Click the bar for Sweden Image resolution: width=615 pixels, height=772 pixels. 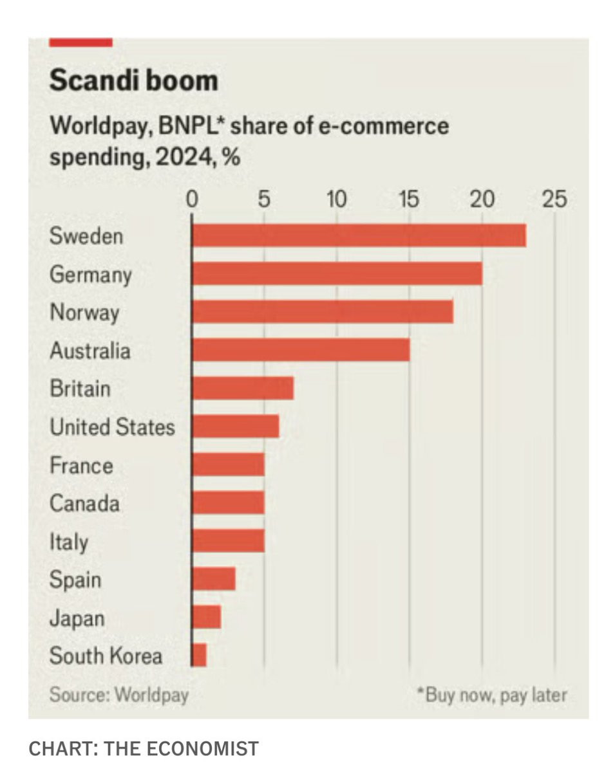pyautogui.click(x=359, y=235)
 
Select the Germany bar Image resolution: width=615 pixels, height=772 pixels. pyautogui.click(x=337, y=274)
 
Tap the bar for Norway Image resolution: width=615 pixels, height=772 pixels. pyautogui.click(x=322, y=312)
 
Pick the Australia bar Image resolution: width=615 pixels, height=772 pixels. pyautogui.click(x=301, y=350)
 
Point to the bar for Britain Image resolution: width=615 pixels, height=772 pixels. pyautogui.click(x=243, y=389)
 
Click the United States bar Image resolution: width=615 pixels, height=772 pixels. pyautogui.click(x=235, y=427)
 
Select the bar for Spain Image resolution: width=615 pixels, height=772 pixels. pyautogui.click(x=213, y=580)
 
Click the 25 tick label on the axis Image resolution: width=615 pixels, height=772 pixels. pyautogui.click(x=554, y=199)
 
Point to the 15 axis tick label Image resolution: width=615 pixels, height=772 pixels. pyautogui.click(x=409, y=199)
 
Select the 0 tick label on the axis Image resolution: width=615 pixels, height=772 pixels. pyautogui.click(x=191, y=199)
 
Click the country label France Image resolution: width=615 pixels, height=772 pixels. pyautogui.click(x=81, y=465)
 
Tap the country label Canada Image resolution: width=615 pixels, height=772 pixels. pyautogui.click(x=84, y=503)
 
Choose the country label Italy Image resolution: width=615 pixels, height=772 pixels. pyautogui.click(x=69, y=542)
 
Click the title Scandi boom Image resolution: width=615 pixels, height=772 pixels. pyautogui.click(x=133, y=82)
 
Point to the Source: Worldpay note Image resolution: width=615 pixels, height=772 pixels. pyautogui.click(x=119, y=695)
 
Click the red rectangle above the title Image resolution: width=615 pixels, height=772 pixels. pyautogui.click(x=80, y=42)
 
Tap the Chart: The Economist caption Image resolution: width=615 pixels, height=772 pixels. pyautogui.click(x=144, y=749)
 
